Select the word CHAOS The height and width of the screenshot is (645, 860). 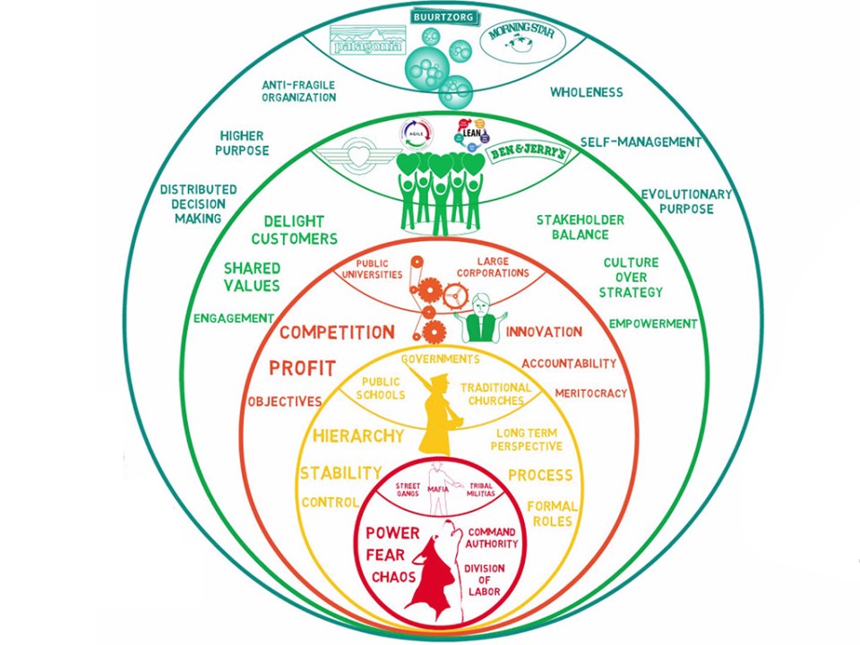[x=394, y=577]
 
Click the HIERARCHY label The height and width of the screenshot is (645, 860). [x=357, y=436]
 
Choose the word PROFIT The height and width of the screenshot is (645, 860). [x=303, y=367]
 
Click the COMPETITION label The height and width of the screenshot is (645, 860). [x=336, y=332]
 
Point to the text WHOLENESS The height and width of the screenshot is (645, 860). [x=586, y=91]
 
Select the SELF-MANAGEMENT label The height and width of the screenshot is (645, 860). [x=641, y=142]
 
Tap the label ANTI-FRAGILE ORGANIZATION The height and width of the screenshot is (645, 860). [x=298, y=90]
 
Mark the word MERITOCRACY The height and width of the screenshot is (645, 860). [x=590, y=392]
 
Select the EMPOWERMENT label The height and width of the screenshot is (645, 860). [x=653, y=323]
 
